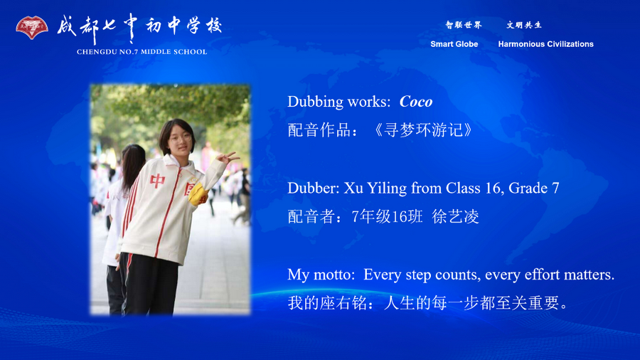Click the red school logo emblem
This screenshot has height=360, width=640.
pyautogui.click(x=31, y=28)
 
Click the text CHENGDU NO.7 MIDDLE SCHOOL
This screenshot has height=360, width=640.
pyautogui.click(x=142, y=52)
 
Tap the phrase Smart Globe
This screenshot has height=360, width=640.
pyautogui.click(x=454, y=44)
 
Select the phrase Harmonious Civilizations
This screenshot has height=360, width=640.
pyautogui.click(x=545, y=44)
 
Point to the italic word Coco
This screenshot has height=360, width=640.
pyautogui.click(x=416, y=102)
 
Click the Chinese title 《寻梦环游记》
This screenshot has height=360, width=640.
pyautogui.click(x=422, y=130)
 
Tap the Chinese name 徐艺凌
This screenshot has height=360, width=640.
pyautogui.click(x=455, y=217)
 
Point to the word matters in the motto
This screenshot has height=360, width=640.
pyautogui.click(x=590, y=275)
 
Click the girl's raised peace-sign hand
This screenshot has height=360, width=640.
pyautogui.click(x=230, y=157)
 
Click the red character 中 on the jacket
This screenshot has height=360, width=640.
pyautogui.click(x=158, y=181)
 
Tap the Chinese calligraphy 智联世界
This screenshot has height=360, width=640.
pyautogui.click(x=464, y=26)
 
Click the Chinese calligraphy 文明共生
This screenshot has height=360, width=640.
pyautogui.click(x=524, y=26)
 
